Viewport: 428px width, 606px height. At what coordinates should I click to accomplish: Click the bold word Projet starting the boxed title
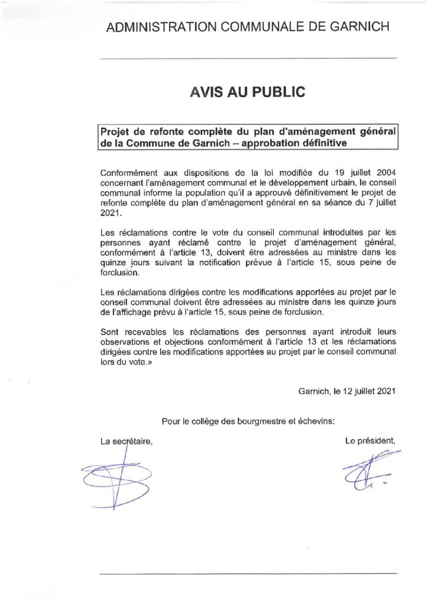pyautogui.click(x=115, y=130)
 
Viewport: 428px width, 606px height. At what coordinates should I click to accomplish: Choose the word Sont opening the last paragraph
pyautogui.click(x=111, y=333)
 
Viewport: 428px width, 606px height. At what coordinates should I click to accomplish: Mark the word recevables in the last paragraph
pyautogui.click(x=148, y=333)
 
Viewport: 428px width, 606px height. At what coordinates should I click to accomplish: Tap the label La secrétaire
pyautogui.click(x=127, y=441)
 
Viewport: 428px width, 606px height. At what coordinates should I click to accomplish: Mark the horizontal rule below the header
pyautogui.click(x=247, y=58)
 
